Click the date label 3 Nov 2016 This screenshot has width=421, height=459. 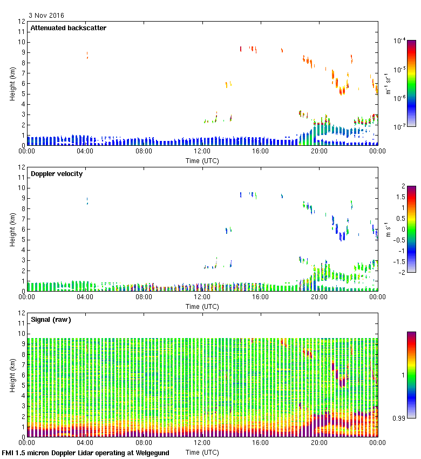[x=46, y=15]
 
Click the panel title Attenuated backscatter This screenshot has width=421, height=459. [x=69, y=28]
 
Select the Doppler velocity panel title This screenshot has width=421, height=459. [x=57, y=174]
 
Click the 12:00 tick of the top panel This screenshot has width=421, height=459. [x=202, y=152]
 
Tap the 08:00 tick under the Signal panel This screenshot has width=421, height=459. [x=144, y=443]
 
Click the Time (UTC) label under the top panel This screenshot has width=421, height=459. [x=202, y=160]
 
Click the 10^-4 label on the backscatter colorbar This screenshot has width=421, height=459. [x=400, y=41]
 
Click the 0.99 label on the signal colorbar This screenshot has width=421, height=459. [x=399, y=417]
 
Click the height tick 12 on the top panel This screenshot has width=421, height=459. [x=22, y=22]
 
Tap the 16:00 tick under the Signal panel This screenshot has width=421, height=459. [x=261, y=443]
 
